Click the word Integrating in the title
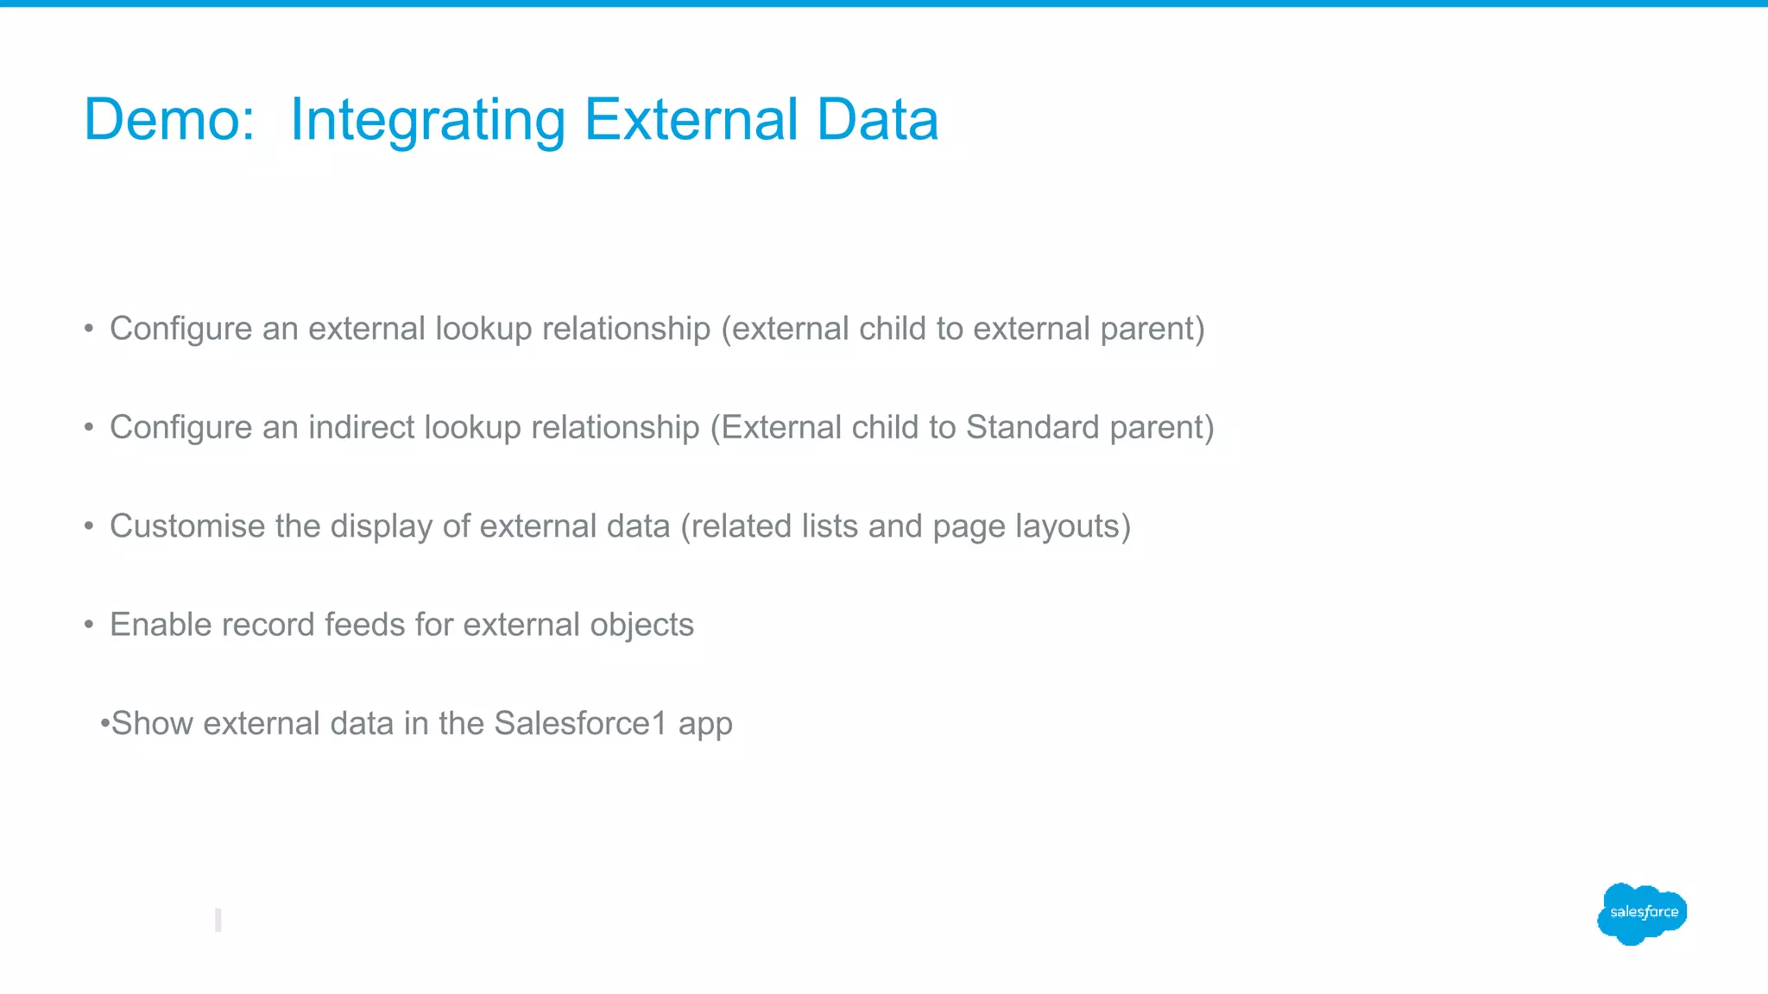coord(427,121)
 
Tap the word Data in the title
coord(877,119)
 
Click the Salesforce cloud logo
coord(1642,913)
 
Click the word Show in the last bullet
coord(152,723)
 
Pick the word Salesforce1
coord(580,723)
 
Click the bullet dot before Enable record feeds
coord(89,625)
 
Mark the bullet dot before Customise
coord(89,526)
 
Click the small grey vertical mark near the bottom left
coord(218,920)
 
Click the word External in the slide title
coord(691,119)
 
